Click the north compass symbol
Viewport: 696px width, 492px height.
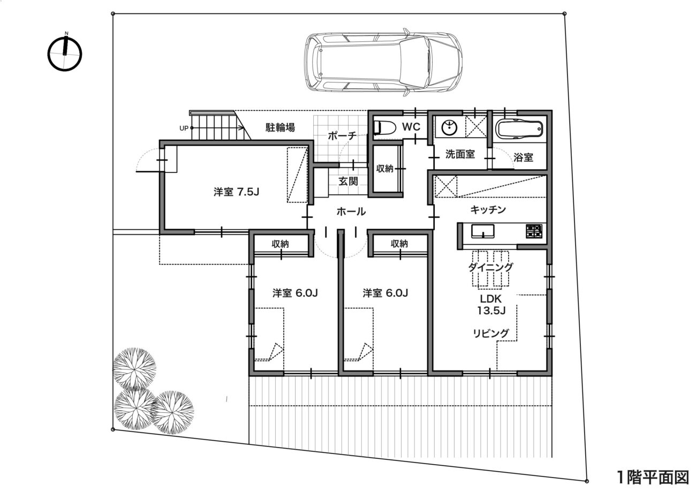coord(65,54)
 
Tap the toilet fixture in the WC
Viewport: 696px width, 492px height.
coord(384,127)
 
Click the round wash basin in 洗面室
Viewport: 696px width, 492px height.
coord(449,127)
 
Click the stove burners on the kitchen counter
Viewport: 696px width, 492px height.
coord(534,231)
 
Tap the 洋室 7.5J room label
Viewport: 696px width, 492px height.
coord(236,192)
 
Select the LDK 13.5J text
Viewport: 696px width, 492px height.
coord(491,304)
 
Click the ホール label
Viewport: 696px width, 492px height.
coord(351,212)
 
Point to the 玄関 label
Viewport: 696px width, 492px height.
coord(348,181)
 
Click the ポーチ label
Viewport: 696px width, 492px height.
coord(342,136)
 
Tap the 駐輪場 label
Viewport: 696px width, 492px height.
coord(280,127)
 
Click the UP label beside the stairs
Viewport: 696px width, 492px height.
coord(184,128)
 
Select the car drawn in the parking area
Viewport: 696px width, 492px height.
coord(383,62)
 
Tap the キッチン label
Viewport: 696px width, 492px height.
coord(488,210)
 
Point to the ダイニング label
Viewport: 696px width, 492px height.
coord(490,267)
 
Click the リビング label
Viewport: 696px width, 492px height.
coord(491,334)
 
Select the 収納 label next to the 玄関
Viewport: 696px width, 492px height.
coord(384,169)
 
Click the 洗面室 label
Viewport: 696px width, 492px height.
coord(460,154)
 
